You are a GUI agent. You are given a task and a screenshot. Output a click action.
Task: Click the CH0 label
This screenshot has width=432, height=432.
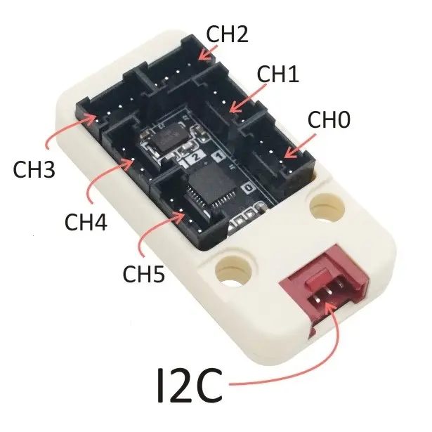tap(329, 119)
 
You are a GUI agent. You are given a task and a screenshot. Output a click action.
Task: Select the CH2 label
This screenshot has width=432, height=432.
tap(227, 33)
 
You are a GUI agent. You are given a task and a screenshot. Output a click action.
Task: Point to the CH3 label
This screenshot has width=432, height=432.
tap(34, 169)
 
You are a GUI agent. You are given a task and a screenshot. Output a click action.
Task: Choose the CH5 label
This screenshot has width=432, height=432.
tap(143, 273)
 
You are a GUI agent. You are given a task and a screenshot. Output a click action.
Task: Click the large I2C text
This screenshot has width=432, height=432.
tap(190, 384)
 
